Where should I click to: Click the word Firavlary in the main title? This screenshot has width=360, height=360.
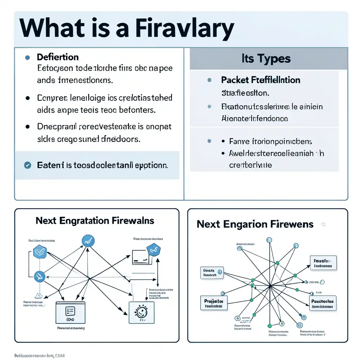pos(185,29)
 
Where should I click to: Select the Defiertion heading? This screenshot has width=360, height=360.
pos(58,57)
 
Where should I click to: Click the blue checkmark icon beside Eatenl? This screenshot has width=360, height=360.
pos(27,165)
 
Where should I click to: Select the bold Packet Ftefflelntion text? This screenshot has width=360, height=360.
pos(261,80)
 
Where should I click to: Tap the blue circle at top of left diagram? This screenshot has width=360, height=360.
pos(88,240)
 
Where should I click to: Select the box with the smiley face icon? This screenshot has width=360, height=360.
pos(142,312)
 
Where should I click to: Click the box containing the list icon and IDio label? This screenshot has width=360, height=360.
pos(70,312)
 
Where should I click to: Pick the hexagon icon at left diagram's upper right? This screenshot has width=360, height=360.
pos(154,249)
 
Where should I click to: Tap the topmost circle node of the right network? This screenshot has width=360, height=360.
pos(269,240)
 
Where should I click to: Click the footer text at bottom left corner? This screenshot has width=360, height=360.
pos(39,355)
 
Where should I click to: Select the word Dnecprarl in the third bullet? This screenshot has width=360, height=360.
pos(56,127)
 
